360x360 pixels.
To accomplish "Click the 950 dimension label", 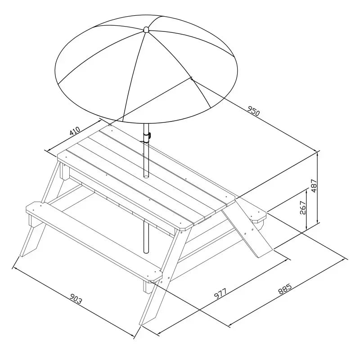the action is pyautogui.click(x=253, y=110).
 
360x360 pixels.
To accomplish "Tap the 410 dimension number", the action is pyautogui.click(x=75, y=131).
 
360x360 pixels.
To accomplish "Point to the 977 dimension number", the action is pyautogui.click(x=220, y=293).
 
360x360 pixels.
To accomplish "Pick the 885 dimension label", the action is pyautogui.click(x=285, y=289).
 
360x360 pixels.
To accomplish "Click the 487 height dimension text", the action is pyautogui.click(x=314, y=186).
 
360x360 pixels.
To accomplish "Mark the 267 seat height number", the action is pyautogui.click(x=303, y=208).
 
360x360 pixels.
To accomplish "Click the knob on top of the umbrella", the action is pyautogui.click(x=146, y=29).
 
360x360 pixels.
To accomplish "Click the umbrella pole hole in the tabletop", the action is pyautogui.click(x=146, y=176).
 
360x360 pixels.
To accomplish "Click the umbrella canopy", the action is pyautogui.click(x=146, y=69).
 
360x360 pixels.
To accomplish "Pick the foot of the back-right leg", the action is pyautogui.click(x=264, y=252).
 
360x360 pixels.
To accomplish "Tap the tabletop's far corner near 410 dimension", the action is pyautogui.click(x=109, y=126).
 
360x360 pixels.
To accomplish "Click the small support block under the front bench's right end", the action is pyautogui.click(x=147, y=287).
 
